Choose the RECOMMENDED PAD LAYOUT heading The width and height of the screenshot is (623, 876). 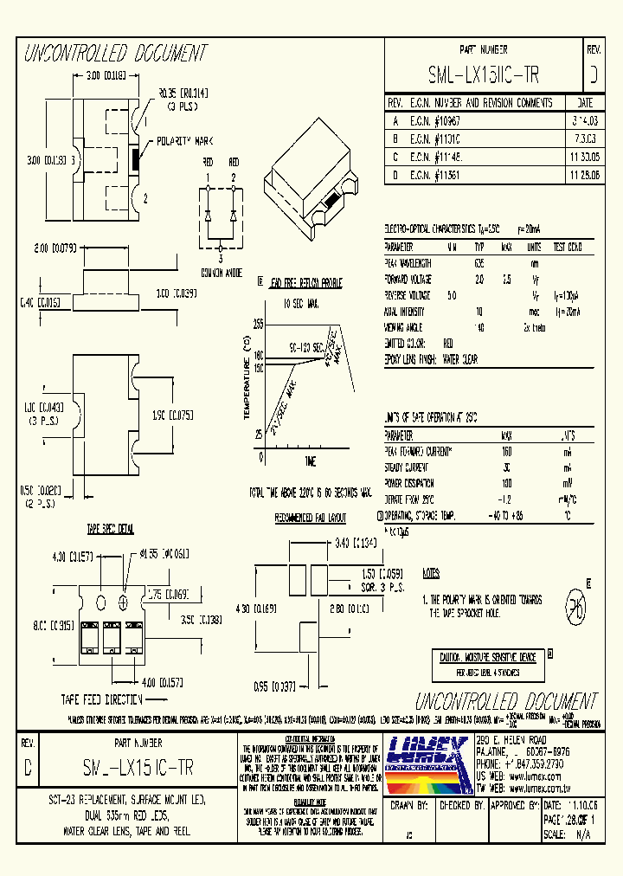(x=310, y=518)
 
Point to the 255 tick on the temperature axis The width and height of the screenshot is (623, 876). (x=258, y=324)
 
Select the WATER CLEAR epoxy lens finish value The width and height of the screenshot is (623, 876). (x=459, y=358)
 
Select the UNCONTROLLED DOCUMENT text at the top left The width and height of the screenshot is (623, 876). (x=115, y=55)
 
